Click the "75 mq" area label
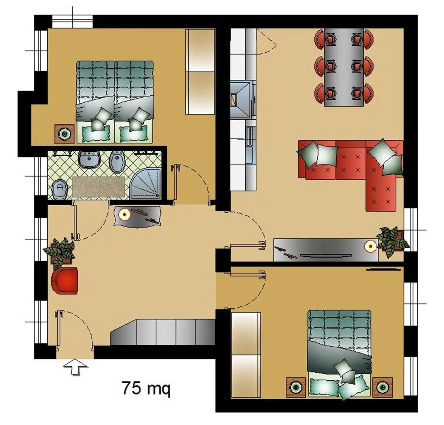point(146,388)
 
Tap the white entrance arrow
point(75,367)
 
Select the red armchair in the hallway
point(65,280)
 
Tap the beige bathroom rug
point(98,187)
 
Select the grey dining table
point(344,67)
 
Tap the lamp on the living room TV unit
point(370,246)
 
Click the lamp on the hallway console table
point(124,214)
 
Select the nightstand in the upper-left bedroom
point(65,134)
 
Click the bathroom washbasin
point(90,159)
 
